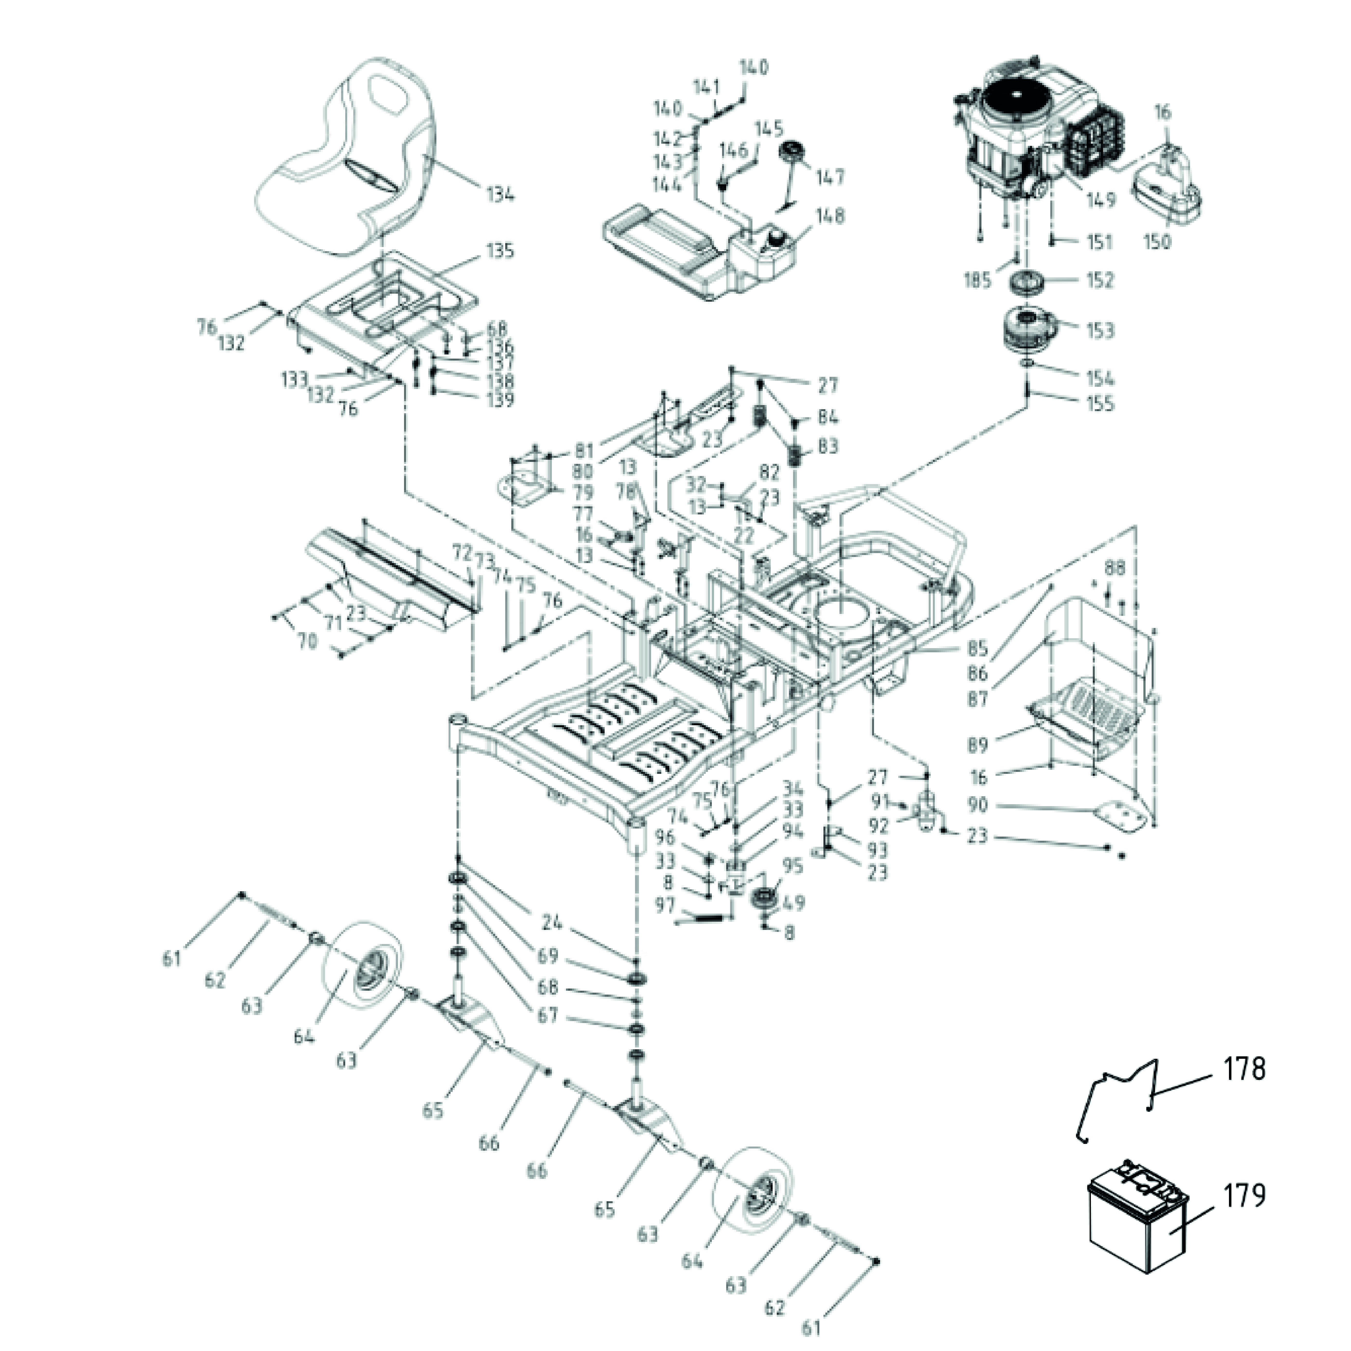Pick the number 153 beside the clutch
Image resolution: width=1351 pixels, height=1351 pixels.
[x=1100, y=330]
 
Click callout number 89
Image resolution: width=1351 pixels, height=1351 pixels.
[x=978, y=745]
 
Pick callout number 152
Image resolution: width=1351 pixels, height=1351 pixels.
[x=1100, y=280]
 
